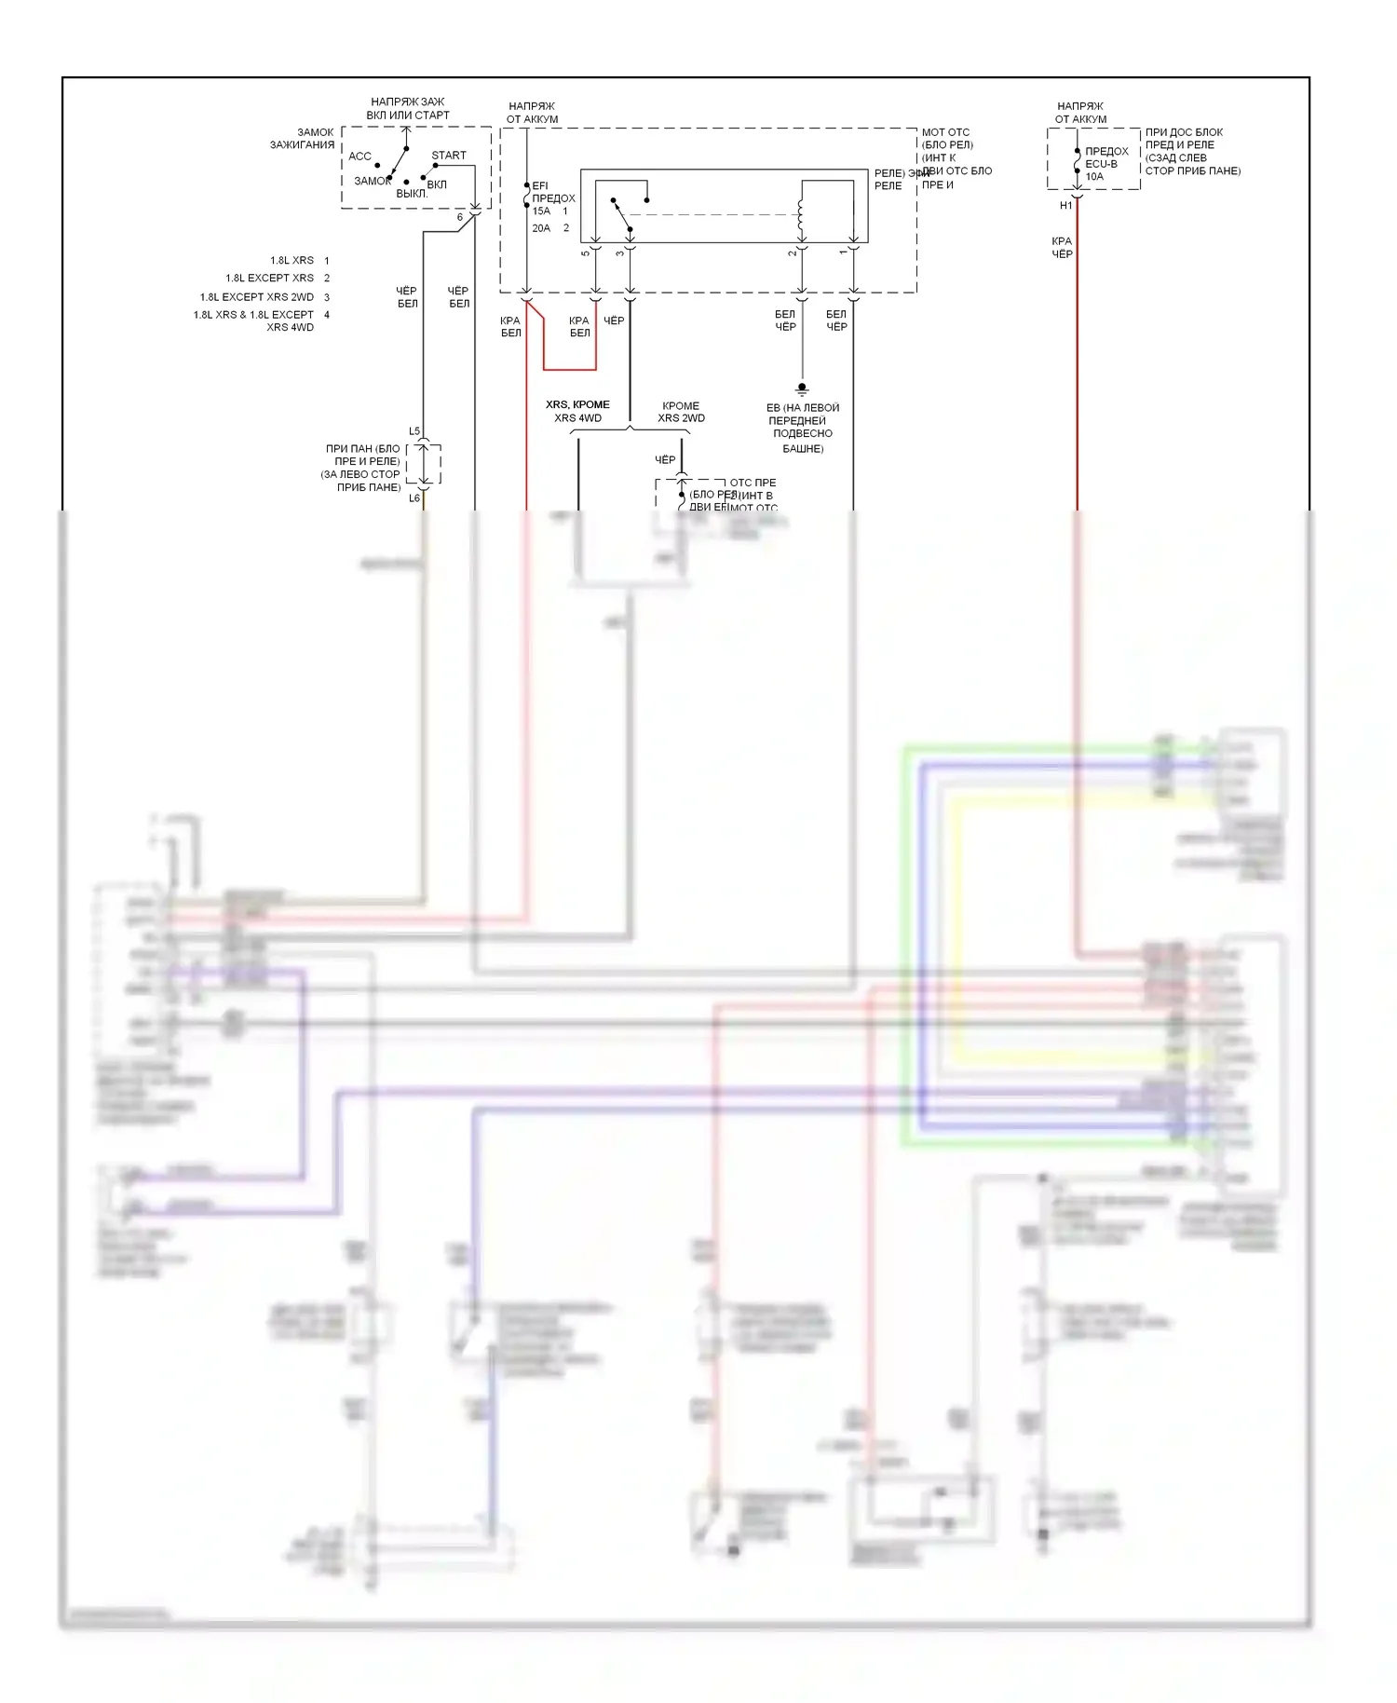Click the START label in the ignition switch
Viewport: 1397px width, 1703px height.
[449, 156]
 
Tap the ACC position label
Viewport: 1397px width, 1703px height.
[359, 157]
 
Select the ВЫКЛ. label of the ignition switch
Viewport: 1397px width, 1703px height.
[412, 194]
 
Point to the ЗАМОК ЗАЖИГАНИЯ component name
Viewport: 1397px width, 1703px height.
[302, 139]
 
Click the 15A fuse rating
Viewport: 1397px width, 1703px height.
[541, 211]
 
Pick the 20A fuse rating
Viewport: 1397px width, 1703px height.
[541, 228]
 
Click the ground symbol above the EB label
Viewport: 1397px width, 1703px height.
[802, 389]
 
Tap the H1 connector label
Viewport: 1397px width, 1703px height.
[1066, 206]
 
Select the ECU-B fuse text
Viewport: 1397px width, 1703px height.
[1101, 164]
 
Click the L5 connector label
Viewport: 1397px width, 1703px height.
[414, 431]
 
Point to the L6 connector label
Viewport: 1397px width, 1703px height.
[414, 498]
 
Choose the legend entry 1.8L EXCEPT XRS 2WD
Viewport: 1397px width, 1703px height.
[256, 297]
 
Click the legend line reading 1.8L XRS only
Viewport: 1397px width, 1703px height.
[292, 261]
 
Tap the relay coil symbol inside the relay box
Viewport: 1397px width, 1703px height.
[800, 215]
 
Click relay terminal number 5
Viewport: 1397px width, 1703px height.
[586, 252]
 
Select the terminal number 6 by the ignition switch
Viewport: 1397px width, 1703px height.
[459, 218]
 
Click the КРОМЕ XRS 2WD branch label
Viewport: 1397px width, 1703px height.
[681, 412]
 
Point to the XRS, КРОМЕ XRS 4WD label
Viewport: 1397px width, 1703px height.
[577, 411]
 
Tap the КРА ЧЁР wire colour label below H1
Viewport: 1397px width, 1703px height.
[1062, 248]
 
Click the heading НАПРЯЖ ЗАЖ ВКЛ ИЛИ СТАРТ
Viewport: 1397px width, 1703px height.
[408, 108]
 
